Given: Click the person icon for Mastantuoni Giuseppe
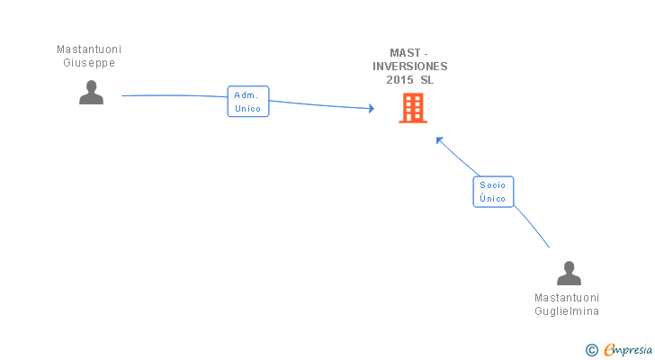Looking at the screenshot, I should click(x=91, y=93).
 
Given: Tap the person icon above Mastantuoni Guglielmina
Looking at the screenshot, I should click(x=569, y=273).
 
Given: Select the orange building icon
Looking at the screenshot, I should click(x=413, y=109).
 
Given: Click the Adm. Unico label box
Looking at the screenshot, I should click(x=247, y=102).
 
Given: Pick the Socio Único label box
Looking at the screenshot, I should click(x=493, y=192).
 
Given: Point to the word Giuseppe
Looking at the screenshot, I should click(x=89, y=63).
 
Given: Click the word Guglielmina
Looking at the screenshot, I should click(x=567, y=311).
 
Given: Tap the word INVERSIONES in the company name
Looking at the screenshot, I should click(x=411, y=66).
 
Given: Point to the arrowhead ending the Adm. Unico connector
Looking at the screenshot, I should click(x=371, y=109).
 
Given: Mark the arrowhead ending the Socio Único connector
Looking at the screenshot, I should click(x=439, y=139).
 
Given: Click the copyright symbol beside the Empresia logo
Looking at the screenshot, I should click(x=592, y=349).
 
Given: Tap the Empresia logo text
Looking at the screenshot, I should click(x=628, y=349).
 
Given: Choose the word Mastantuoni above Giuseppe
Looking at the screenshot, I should click(x=89, y=50).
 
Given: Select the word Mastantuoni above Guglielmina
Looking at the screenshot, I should click(x=567, y=298).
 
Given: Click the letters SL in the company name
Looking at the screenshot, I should click(x=426, y=79).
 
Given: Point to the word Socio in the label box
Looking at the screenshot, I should click(x=493, y=184).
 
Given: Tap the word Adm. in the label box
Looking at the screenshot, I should click(x=247, y=94).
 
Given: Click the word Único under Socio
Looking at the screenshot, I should click(x=493, y=199).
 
